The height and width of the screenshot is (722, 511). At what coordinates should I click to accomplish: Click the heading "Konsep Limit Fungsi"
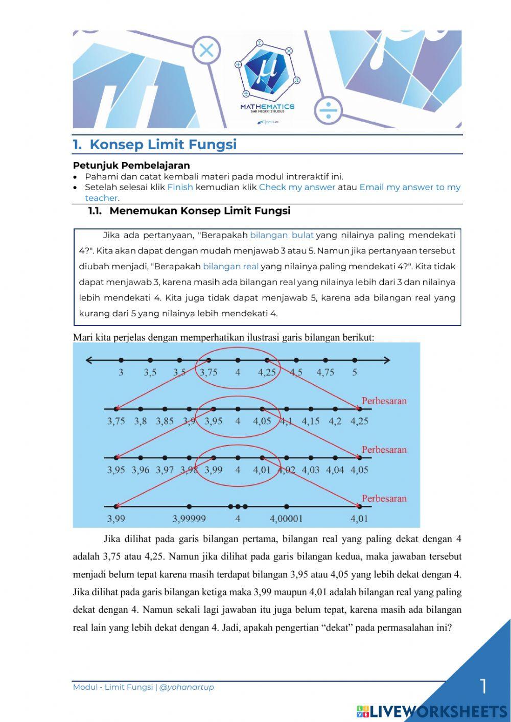click(162, 145)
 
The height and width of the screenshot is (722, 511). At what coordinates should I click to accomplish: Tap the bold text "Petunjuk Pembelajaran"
click(131, 166)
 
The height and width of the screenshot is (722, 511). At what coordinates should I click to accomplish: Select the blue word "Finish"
click(180, 187)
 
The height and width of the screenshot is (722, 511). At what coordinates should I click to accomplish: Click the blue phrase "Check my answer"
click(297, 187)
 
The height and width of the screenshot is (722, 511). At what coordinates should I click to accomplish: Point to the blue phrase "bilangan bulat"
click(282, 236)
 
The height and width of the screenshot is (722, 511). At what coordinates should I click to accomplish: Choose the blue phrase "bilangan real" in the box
click(230, 266)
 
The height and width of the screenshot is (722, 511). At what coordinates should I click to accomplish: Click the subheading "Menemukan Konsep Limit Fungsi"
click(200, 211)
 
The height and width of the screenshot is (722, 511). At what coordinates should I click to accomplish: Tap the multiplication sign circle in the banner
click(206, 51)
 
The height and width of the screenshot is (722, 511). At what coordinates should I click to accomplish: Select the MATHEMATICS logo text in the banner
click(267, 107)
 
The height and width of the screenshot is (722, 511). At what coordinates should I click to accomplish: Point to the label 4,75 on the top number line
click(325, 372)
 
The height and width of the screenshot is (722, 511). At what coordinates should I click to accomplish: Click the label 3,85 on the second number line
click(165, 422)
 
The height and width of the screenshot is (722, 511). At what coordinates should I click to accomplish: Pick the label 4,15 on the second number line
click(310, 422)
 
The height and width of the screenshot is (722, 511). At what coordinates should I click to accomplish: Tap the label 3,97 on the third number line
click(165, 470)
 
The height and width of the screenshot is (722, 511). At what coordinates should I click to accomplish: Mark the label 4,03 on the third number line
click(310, 470)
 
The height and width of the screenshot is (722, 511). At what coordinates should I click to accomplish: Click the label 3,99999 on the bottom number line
click(189, 519)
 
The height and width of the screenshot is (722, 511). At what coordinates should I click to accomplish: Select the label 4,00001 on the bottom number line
click(286, 519)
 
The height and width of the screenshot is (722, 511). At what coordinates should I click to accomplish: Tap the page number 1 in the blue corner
click(483, 686)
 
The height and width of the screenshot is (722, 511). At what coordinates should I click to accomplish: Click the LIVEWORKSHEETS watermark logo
click(432, 711)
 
